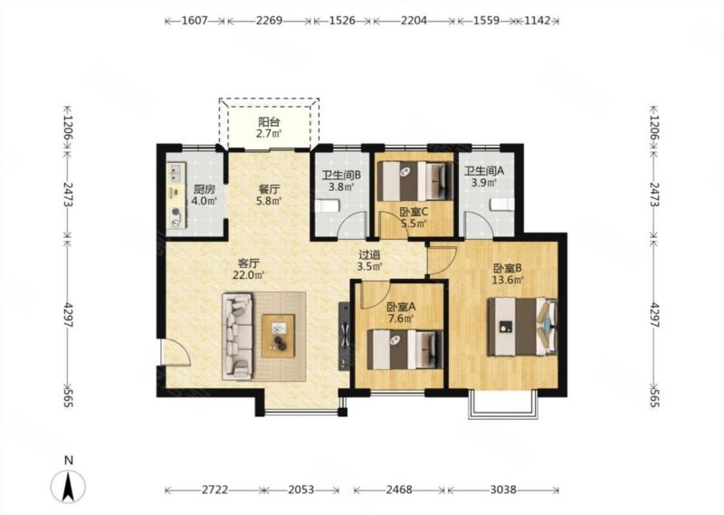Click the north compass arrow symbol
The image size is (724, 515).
click(69, 487)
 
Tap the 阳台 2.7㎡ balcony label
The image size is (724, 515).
click(269, 128)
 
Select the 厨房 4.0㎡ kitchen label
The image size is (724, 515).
click(205, 196)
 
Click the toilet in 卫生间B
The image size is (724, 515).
click(328, 205)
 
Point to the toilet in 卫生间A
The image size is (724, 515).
click(502, 204)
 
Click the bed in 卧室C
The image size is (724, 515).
click(415, 181)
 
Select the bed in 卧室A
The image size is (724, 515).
click(405, 349)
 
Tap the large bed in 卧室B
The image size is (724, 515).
click(522, 327)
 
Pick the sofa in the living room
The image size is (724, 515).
click(238, 337)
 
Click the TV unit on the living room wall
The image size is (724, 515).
click(344, 336)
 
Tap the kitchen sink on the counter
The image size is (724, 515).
click(176, 173)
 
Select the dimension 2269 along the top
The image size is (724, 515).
click(269, 21)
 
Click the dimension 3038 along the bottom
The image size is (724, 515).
click(503, 490)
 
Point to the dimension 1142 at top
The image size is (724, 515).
click(538, 21)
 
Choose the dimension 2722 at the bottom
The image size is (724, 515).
click(214, 490)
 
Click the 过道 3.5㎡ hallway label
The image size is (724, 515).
click(370, 261)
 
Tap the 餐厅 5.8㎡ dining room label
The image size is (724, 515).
click(269, 195)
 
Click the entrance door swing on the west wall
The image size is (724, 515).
click(176, 352)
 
